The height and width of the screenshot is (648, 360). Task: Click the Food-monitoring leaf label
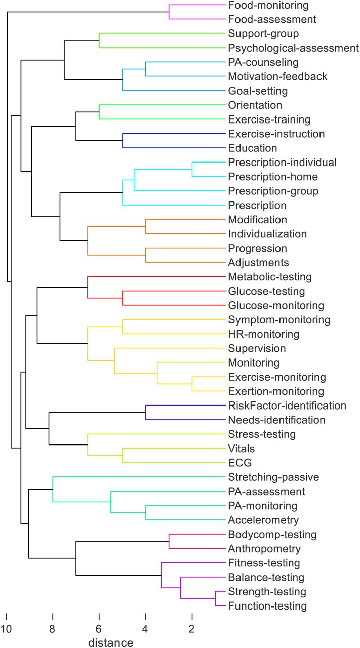[x=268, y=6]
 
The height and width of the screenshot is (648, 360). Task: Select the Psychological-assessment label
[x=294, y=48]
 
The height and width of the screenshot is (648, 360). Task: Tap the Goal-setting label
[x=258, y=91]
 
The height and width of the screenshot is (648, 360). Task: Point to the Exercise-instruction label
[x=276, y=134]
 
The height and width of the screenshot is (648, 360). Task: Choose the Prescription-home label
[x=273, y=177]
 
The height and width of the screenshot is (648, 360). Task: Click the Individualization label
[x=267, y=234]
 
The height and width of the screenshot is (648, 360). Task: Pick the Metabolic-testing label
[x=270, y=277]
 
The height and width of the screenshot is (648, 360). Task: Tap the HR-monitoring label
[x=264, y=335]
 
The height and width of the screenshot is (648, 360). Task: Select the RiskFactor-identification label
[x=287, y=406]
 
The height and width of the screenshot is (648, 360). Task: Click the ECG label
[x=239, y=463]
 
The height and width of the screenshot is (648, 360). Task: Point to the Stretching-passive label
[x=273, y=477]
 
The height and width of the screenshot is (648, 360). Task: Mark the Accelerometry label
[x=263, y=520]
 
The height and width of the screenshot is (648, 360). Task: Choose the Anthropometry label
[x=264, y=549]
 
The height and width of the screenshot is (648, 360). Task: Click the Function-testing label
[x=267, y=606]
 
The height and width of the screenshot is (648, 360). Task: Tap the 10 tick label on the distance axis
[x=6, y=629]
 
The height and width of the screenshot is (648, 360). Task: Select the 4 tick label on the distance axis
[x=145, y=629]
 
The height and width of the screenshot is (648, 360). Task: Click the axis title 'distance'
[x=111, y=643]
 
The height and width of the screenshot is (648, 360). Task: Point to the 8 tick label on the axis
[x=52, y=629]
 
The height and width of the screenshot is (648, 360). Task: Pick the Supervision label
[x=257, y=349]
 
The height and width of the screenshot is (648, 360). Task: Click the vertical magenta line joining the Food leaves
[x=169, y=12]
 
